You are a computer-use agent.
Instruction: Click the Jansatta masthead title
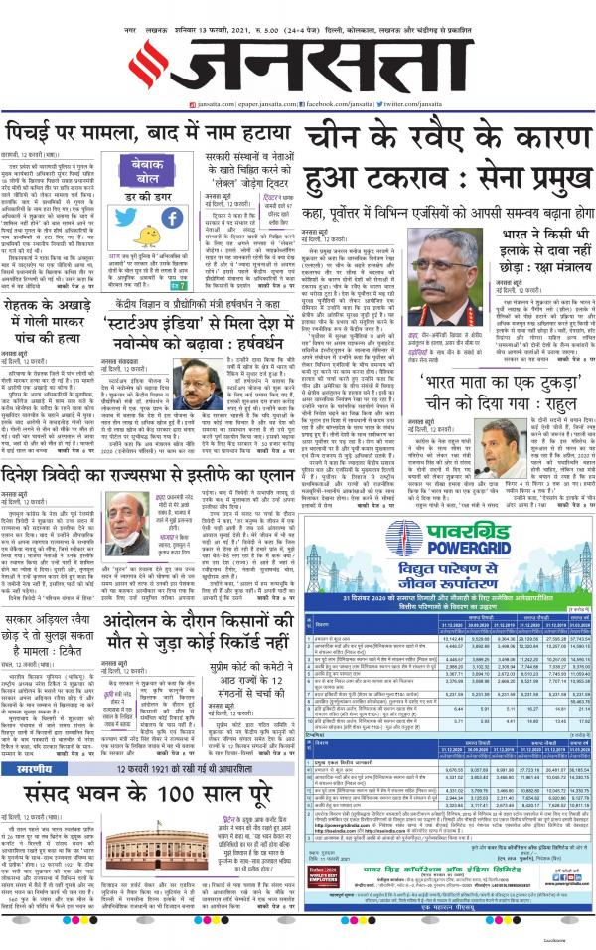tap(298, 58)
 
